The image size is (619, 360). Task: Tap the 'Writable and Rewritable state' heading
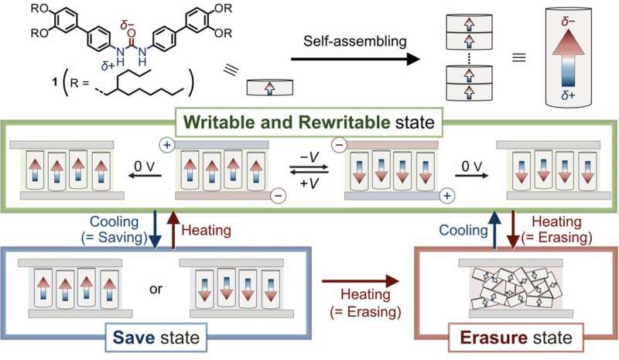pyautogui.click(x=309, y=123)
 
